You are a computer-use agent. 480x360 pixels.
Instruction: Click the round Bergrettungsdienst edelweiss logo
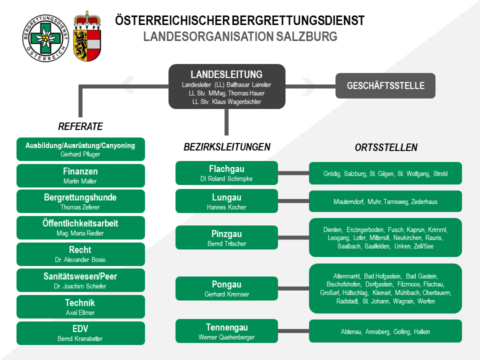[45, 38]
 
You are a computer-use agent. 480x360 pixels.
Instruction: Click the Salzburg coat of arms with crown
[87, 36]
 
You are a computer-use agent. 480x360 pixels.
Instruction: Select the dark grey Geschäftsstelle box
[385, 85]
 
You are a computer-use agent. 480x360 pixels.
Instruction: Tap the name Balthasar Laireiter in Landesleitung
[248, 85]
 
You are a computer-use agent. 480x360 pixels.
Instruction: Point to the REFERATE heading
[80, 126]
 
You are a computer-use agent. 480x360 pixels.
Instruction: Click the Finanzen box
[80, 175]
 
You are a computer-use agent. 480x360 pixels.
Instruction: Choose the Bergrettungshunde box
[80, 201]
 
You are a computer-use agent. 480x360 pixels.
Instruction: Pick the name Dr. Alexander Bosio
[80, 260]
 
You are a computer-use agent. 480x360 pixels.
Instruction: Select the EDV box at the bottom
[80, 333]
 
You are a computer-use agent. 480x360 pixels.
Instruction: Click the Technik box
[80, 306]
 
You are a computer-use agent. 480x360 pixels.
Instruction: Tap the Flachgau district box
[226, 173]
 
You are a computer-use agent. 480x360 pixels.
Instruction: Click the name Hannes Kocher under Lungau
[226, 207]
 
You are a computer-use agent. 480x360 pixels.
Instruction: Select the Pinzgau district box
[226, 237]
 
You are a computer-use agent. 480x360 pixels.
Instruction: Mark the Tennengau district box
[226, 331]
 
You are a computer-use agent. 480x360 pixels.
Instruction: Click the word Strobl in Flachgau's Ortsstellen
[440, 174]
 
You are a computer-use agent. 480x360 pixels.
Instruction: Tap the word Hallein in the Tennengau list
[422, 332]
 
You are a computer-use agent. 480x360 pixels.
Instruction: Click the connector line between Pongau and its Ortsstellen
[293, 288]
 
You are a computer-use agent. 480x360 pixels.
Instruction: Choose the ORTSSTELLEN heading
[386, 147]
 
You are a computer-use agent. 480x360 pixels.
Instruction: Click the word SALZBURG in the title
[306, 36]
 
